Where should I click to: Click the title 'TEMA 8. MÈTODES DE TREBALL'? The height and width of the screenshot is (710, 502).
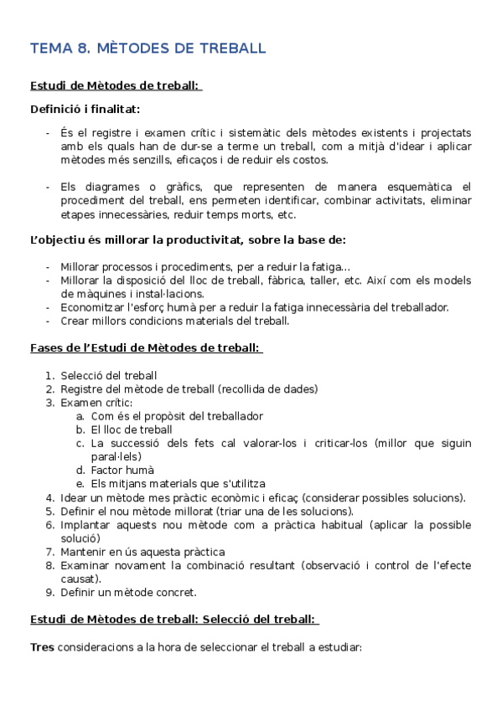pyautogui.click(x=148, y=49)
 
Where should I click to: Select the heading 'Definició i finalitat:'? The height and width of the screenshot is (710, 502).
pyautogui.click(x=85, y=109)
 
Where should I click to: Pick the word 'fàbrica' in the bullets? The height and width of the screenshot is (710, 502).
pyautogui.click(x=293, y=280)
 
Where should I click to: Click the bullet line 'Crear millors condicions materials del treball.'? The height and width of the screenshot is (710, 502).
pyautogui.click(x=174, y=321)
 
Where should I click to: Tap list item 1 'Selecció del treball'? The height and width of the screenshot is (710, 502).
pyautogui.click(x=109, y=375)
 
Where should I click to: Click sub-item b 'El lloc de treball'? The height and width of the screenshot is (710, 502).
pyautogui.click(x=132, y=430)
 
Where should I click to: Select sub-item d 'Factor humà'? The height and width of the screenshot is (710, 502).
pyautogui.click(x=122, y=471)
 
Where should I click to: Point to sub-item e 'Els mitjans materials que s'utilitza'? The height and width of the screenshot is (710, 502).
pyautogui.click(x=178, y=484)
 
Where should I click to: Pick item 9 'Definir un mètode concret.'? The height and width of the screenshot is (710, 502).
pyautogui.click(x=128, y=593)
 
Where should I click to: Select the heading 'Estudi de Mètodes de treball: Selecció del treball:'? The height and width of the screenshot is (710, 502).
pyautogui.click(x=173, y=620)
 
